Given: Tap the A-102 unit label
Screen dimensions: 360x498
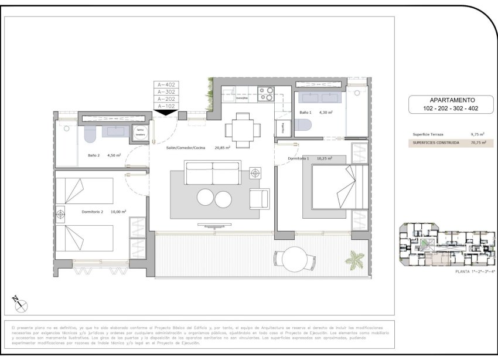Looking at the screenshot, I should coord(167,106).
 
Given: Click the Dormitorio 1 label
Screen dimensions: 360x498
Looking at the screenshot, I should coord(299,158).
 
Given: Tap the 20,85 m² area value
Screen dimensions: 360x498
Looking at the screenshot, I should coord(222,148).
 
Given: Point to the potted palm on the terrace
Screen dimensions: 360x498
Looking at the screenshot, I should coord(355,259).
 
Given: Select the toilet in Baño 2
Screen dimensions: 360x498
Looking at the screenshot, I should coord(90,135).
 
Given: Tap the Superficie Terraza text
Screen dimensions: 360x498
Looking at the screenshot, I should coord(428,134).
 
